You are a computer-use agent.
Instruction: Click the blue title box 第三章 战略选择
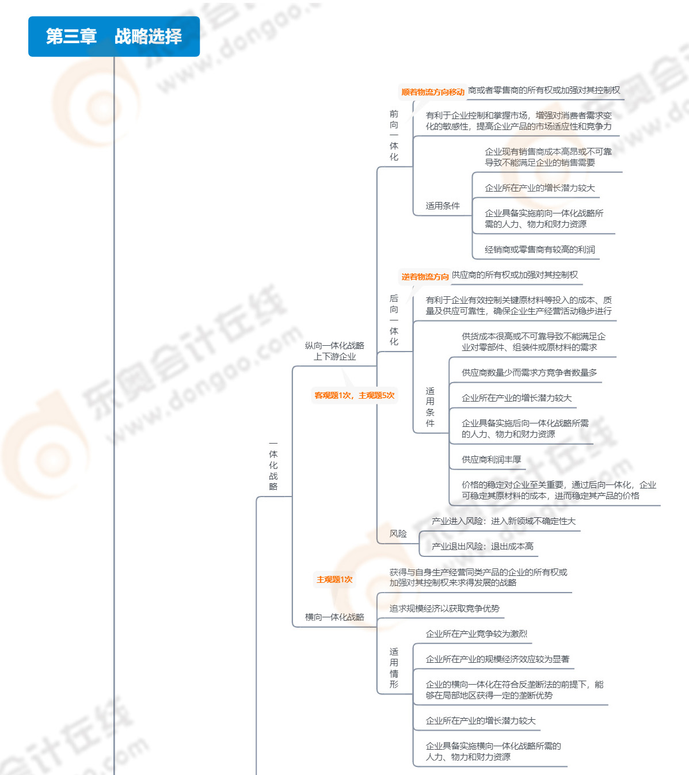[x=114, y=36]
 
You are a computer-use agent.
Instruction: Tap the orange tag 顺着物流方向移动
[x=432, y=92]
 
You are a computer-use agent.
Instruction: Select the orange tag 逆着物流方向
[x=425, y=277]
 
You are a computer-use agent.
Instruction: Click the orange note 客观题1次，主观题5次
[x=355, y=395]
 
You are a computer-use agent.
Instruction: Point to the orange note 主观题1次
[x=334, y=579]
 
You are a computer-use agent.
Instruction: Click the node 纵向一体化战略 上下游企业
[x=334, y=351]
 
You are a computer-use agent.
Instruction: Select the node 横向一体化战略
[x=334, y=617]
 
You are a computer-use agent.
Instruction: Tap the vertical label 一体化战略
[x=273, y=465]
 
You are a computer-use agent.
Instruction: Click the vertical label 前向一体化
[x=394, y=135]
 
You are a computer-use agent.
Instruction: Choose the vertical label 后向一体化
[x=394, y=320]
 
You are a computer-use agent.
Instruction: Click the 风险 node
[x=398, y=533]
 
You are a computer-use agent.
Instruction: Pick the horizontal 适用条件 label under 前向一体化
[x=443, y=206]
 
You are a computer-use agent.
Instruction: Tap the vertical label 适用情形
[x=394, y=668]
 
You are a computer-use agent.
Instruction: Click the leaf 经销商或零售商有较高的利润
[x=540, y=250]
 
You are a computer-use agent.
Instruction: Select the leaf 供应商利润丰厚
[x=492, y=459]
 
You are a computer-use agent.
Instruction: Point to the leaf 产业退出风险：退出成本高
[x=483, y=546]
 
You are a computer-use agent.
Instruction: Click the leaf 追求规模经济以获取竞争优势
[x=444, y=609]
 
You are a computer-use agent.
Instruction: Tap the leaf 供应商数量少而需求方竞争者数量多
[x=530, y=373]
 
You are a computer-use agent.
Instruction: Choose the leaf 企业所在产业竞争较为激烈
[x=477, y=634]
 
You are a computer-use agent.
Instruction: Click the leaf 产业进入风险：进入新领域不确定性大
[x=504, y=521]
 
